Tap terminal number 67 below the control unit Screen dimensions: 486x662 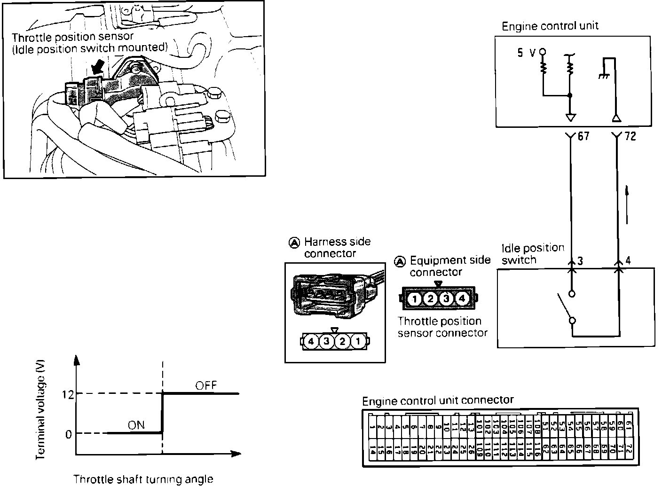(583, 137)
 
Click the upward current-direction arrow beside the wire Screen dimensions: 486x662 (627, 204)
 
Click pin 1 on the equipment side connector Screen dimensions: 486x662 (414, 298)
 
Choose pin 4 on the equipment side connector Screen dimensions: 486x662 (462, 298)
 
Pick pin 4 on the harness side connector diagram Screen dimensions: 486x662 (311, 342)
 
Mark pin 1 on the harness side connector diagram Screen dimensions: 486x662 (358, 342)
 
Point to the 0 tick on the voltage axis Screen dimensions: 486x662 (69, 434)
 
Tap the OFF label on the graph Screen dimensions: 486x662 (206, 385)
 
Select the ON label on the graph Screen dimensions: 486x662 (136, 425)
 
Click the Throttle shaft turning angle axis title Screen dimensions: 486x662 (143, 479)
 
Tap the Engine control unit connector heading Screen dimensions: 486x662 (438, 400)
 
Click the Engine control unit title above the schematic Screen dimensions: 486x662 (550, 26)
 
